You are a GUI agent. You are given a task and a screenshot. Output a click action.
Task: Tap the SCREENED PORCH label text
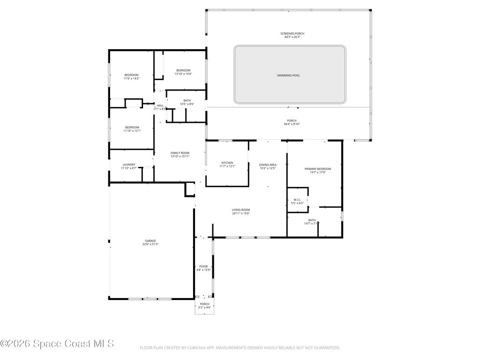292,34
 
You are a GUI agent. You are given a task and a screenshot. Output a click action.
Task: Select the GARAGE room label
150,241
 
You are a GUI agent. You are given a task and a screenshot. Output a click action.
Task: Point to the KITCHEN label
227,163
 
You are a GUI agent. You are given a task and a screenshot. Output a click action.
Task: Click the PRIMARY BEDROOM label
317,169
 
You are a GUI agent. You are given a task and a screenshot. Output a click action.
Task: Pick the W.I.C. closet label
297,200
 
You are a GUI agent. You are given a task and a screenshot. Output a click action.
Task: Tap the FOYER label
203,266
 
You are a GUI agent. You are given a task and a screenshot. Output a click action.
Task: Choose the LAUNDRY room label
129,165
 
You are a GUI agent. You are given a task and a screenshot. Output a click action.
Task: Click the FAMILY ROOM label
180,153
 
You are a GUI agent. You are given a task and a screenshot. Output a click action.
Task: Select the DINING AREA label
268,165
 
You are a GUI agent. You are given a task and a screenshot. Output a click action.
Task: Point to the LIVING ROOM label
241,210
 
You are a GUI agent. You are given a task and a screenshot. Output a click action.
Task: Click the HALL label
160,105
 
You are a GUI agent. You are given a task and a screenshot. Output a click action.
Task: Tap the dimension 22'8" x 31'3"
150,244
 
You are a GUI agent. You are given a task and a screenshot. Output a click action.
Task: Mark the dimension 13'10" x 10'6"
183,74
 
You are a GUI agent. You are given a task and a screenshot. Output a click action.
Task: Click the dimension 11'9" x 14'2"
131,78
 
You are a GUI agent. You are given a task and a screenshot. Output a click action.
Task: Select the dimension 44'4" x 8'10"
292,124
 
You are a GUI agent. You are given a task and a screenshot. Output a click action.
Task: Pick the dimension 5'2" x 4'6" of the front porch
205,307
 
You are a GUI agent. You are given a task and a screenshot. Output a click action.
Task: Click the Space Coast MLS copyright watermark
57,344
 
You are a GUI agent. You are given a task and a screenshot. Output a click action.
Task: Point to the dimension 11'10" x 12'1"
132,131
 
